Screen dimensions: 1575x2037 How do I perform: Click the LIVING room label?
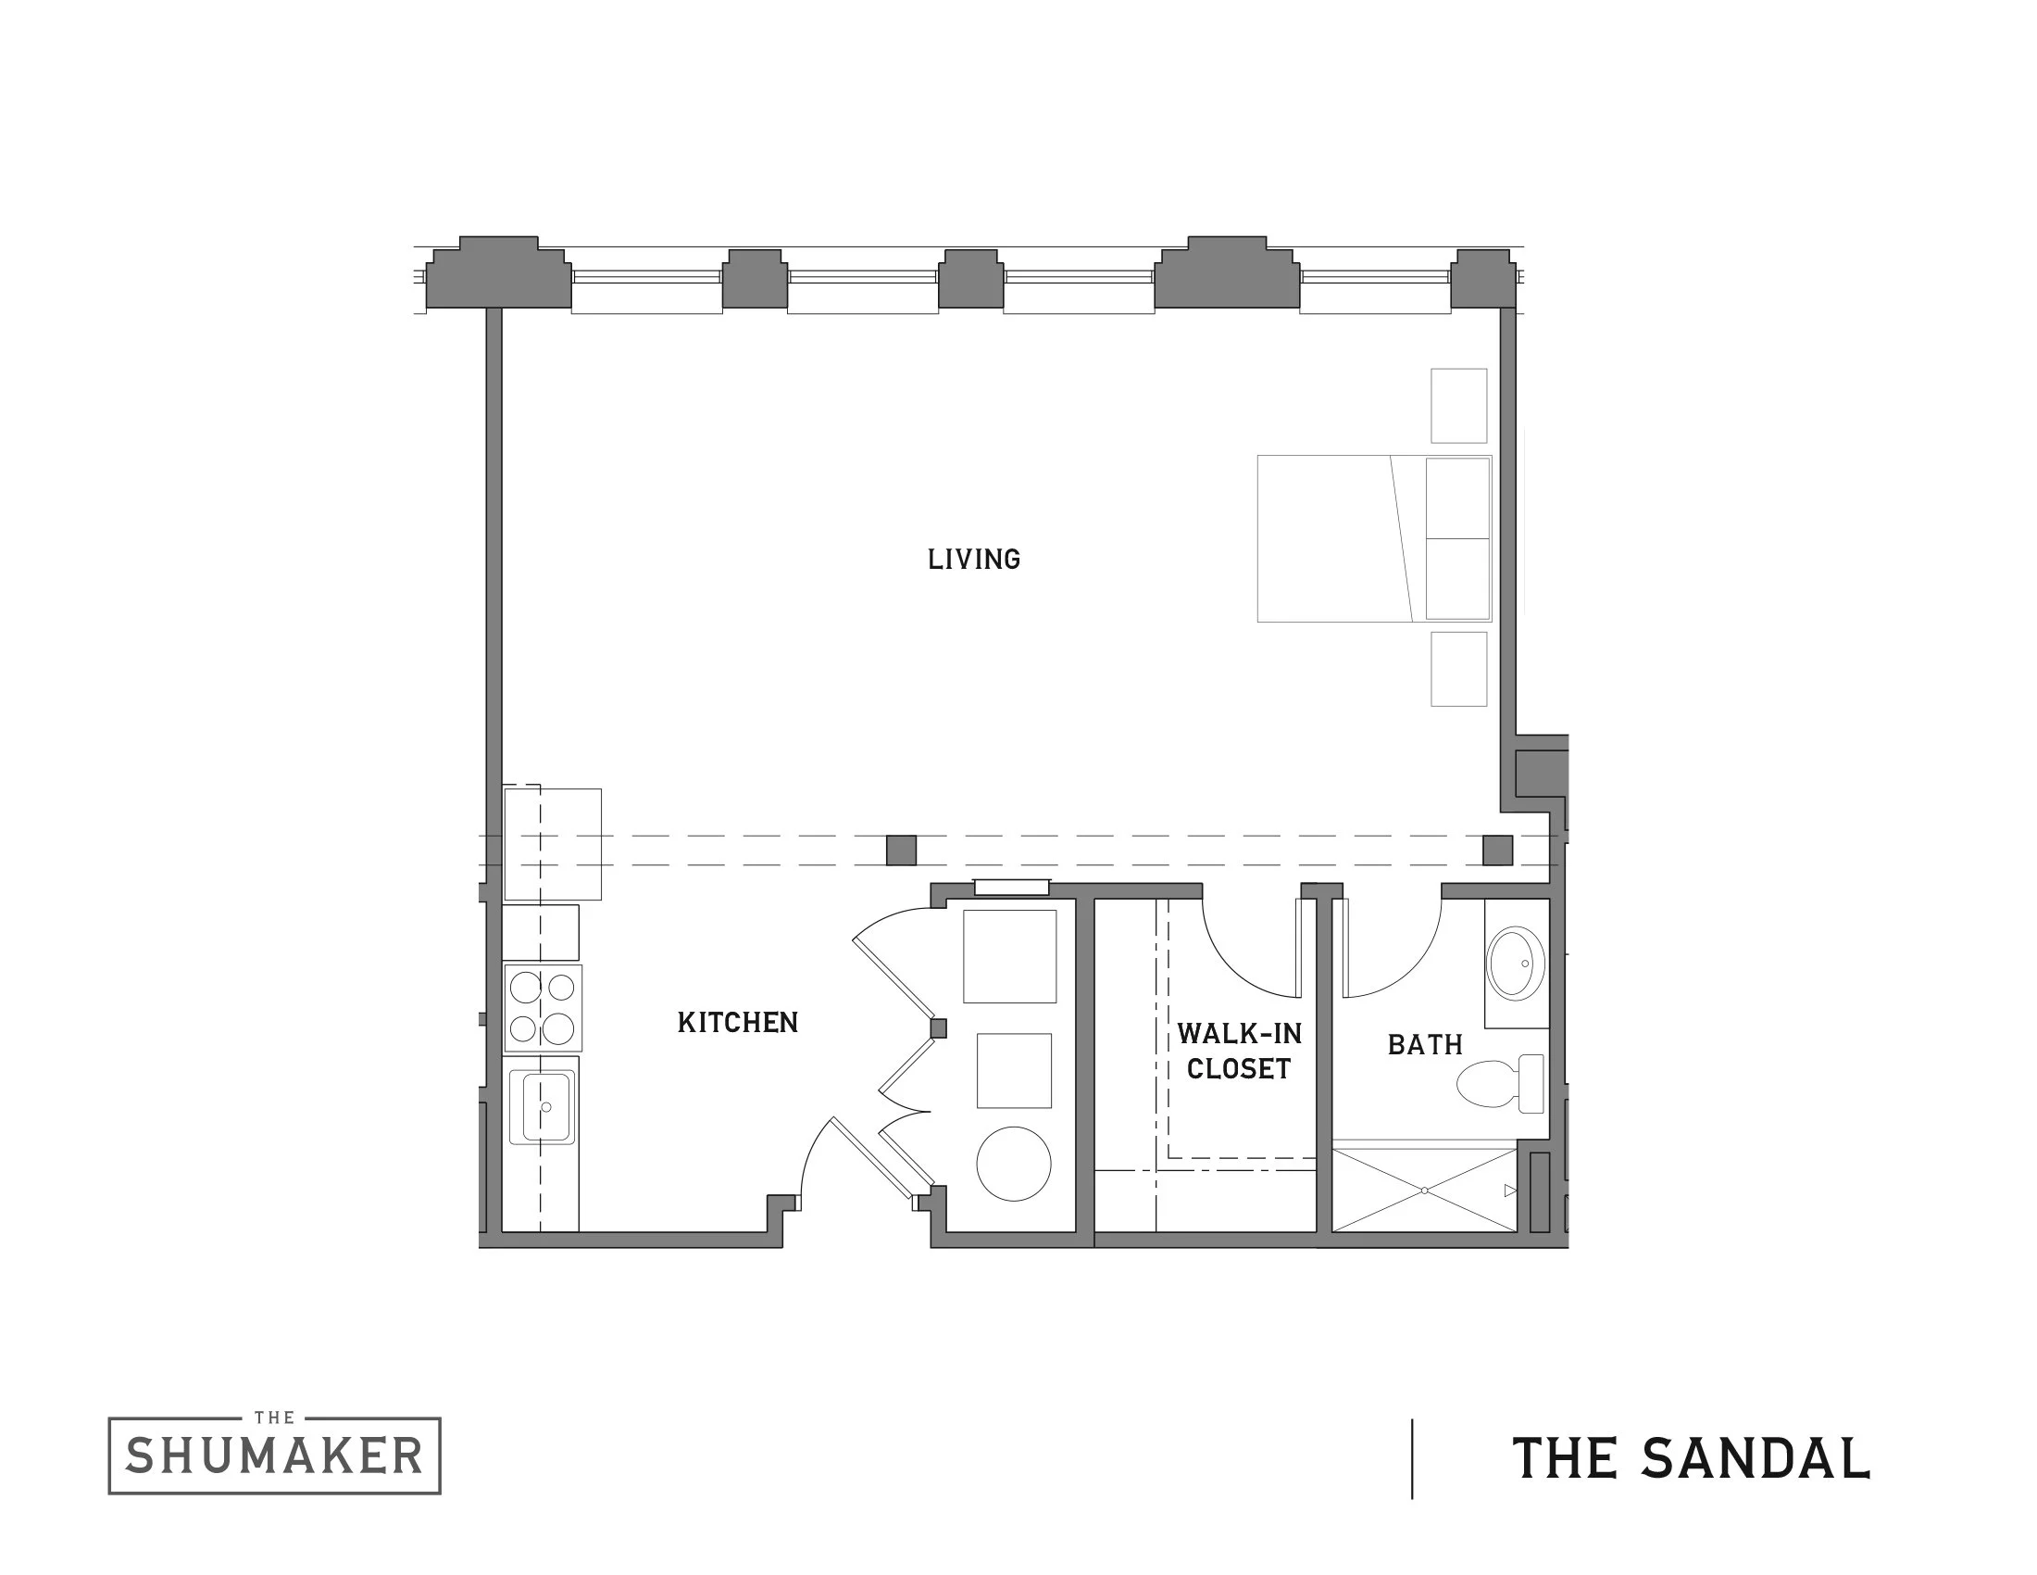pyautogui.click(x=974, y=559)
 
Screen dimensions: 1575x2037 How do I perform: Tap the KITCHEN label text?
pyautogui.click(x=738, y=1023)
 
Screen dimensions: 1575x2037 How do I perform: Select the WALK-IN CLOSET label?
pyautogui.click(x=1239, y=1052)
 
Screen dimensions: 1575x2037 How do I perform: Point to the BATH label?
pyautogui.click(x=1425, y=1044)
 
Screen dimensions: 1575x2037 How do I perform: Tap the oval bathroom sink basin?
pyautogui.click(x=1516, y=963)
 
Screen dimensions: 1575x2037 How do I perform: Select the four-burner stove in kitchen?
pyautogui.click(x=543, y=1008)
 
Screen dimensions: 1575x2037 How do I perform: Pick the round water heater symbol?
pyautogui.click(x=1014, y=1164)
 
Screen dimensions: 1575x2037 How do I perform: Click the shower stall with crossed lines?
pyautogui.click(x=1424, y=1191)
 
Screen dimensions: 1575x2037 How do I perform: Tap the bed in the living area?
pyautogui.click(x=1373, y=538)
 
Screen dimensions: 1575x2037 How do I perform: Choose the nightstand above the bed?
pyautogui.click(x=1458, y=406)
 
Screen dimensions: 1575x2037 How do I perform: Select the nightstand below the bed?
pyautogui.click(x=1458, y=669)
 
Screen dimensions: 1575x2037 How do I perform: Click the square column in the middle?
pyautogui.click(x=901, y=850)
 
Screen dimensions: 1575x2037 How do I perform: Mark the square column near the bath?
pyautogui.click(x=1497, y=850)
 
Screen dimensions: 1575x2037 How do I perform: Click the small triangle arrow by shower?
pyautogui.click(x=1510, y=1191)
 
